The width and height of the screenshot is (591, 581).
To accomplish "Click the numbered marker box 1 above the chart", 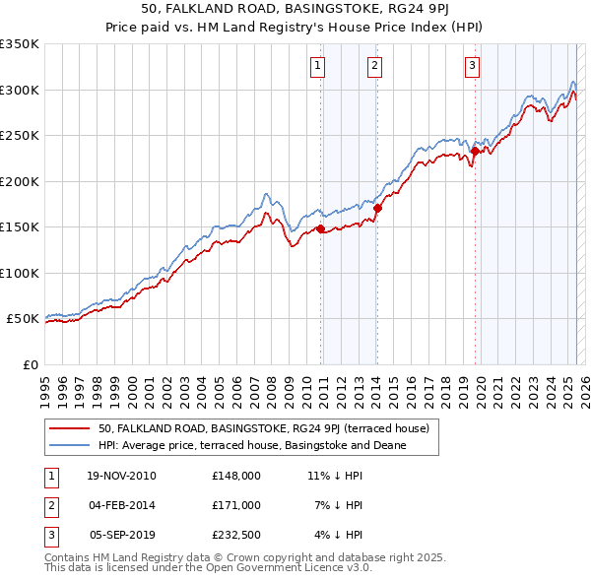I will pyautogui.click(x=318, y=66).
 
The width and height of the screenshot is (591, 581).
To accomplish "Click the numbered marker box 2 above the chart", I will pyautogui.click(x=375, y=66).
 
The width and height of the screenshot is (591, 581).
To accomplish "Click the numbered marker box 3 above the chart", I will pyautogui.click(x=473, y=66).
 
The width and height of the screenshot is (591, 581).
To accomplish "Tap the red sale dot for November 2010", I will pyautogui.click(x=321, y=229).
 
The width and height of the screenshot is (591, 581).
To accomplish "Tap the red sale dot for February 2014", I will pyautogui.click(x=377, y=208).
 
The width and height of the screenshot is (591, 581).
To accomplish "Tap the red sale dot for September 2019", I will pyautogui.click(x=475, y=152).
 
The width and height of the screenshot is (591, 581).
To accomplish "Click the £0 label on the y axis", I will pyautogui.click(x=30, y=364).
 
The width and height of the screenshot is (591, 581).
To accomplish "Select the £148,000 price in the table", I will pyautogui.click(x=236, y=476).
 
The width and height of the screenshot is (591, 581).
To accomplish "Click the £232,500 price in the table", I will pyautogui.click(x=236, y=535).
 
